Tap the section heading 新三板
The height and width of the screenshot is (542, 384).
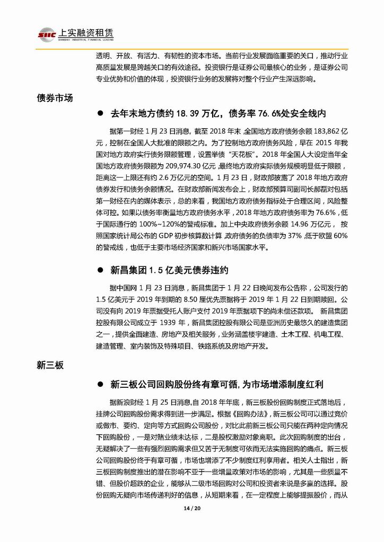50,365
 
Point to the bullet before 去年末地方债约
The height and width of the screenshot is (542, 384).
99,114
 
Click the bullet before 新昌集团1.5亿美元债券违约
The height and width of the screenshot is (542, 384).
99,270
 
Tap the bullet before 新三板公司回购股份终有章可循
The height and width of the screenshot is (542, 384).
99,383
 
